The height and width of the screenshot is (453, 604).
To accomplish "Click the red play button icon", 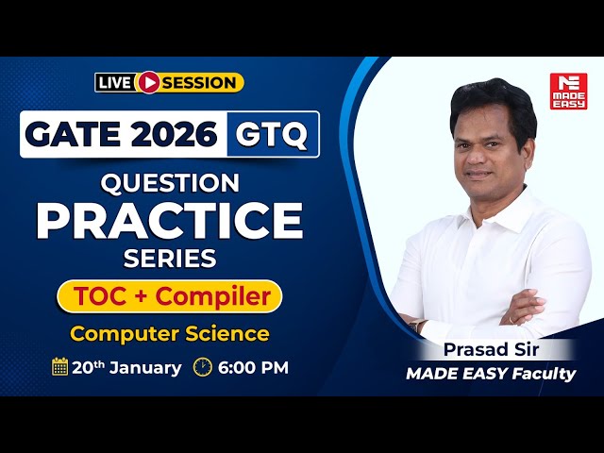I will click(147, 83).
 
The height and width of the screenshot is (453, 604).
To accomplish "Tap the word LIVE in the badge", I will click(114, 83).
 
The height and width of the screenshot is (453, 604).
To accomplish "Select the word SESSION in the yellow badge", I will click(199, 83).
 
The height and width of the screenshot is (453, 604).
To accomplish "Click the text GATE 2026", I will click(121, 135).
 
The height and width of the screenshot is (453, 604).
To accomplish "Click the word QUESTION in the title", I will click(170, 182).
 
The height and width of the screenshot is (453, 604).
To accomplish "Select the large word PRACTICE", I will click(170, 219).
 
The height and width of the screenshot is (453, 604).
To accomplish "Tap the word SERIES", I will click(170, 257).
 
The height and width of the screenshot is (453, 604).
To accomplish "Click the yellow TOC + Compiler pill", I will click(170, 296).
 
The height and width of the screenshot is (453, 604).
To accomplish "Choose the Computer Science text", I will click(170, 333).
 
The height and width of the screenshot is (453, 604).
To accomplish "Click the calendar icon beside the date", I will click(59, 367).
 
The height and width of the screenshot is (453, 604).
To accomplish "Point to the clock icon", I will click(202, 367).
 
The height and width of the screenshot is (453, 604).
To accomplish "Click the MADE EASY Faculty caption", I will click(490, 374).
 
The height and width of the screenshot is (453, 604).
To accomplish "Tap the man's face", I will click(491, 146).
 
